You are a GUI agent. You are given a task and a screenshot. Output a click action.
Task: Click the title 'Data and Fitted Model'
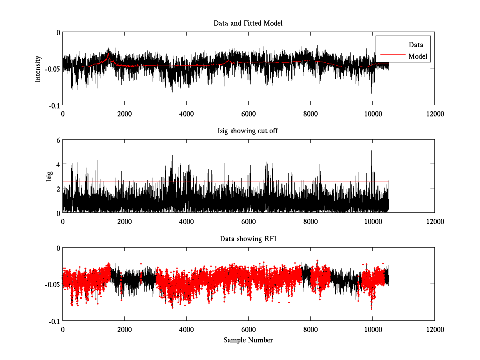pos(248,23)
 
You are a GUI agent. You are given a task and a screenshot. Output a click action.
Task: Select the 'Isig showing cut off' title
pos(248,131)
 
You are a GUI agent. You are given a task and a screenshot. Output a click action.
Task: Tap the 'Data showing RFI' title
pos(248,239)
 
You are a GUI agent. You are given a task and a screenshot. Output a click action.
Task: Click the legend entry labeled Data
pos(416,44)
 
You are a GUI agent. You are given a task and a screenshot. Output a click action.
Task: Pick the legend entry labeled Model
pos(418,56)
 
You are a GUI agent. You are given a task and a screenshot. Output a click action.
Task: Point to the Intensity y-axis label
pos(38,68)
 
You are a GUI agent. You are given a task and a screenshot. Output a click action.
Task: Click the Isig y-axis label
pos(49,176)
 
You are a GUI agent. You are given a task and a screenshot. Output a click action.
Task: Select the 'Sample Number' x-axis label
pos(248,340)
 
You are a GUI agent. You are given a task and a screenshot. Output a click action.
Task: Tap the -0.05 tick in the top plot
pos(52,69)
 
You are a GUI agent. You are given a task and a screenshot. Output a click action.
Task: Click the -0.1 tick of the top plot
pos(54,105)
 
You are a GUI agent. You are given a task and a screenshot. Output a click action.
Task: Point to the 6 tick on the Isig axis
pos(58,140)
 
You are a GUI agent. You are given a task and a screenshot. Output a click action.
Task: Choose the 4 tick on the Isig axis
pos(58,164)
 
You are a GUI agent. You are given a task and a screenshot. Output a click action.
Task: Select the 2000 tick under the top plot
pos(124,114)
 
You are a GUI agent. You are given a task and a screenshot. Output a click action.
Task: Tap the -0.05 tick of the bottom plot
pos(52,284)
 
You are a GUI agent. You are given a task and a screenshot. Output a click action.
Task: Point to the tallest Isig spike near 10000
pos(371,151)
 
